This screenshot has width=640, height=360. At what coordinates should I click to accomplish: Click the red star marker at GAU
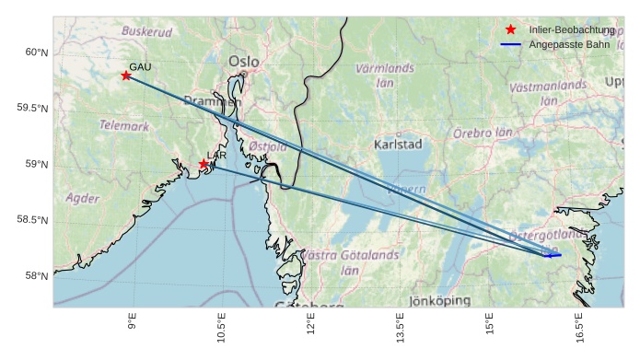[x=126, y=75]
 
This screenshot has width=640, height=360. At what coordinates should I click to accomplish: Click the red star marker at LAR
[x=204, y=164]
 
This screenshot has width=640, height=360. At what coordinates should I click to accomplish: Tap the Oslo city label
[x=244, y=62]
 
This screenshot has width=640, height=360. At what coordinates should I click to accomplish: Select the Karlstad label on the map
[x=398, y=145]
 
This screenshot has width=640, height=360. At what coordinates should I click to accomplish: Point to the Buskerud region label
[x=147, y=31]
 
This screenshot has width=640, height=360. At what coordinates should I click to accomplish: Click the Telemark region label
[x=123, y=125]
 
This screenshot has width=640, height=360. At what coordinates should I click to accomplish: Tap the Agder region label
[x=83, y=198]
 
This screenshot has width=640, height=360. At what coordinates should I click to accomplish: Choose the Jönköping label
[x=440, y=300]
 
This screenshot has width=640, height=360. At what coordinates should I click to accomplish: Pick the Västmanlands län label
[x=548, y=92]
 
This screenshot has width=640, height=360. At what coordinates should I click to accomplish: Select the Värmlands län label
[x=385, y=75]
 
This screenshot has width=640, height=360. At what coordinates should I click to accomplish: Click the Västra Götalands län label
[x=351, y=261]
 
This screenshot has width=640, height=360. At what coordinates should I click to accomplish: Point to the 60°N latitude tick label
[x=36, y=52]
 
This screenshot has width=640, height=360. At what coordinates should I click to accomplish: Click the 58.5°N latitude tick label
[x=32, y=220]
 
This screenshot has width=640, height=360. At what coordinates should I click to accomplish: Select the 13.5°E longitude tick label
[x=400, y=328]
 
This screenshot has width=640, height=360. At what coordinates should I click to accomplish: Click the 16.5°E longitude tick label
[x=578, y=328]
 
